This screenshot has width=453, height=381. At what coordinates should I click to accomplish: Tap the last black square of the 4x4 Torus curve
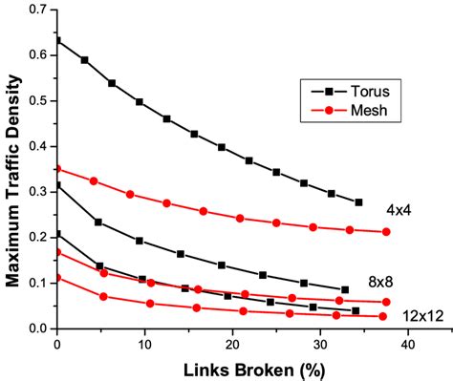358,202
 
